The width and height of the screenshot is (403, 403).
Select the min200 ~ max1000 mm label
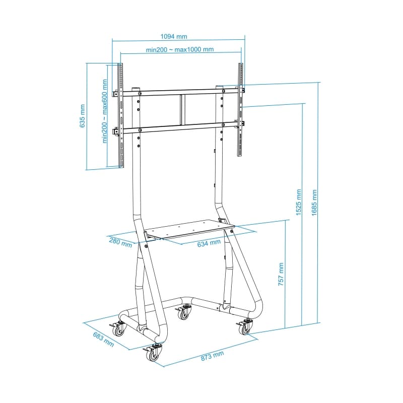180,49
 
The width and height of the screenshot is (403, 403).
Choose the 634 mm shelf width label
209,243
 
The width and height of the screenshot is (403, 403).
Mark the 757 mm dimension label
281,274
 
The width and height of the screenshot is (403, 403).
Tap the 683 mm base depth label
103,339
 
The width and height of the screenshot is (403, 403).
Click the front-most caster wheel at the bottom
152,356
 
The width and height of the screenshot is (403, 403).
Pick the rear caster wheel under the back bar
183,314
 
